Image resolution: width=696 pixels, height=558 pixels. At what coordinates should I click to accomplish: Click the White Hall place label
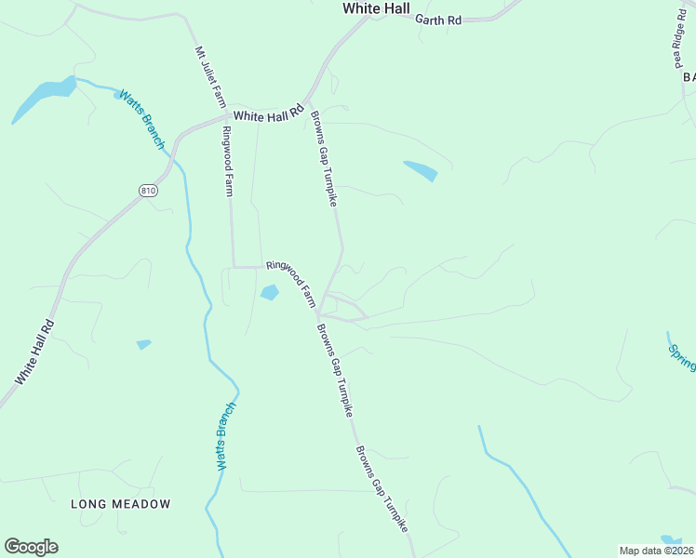tap(376, 7)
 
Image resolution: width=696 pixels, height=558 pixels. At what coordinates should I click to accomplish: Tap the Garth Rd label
tap(438, 19)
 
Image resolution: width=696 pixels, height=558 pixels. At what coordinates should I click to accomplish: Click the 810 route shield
tap(148, 191)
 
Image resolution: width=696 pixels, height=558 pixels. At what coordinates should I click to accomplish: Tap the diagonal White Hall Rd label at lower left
tap(35, 353)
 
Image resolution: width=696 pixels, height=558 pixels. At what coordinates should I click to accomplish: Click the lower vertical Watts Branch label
tap(224, 435)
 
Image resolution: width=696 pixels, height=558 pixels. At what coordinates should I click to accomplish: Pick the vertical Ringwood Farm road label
tap(226, 163)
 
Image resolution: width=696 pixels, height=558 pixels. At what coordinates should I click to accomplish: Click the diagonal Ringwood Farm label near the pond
tap(292, 284)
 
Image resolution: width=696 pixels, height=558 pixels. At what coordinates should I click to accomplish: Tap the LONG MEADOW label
tap(121, 504)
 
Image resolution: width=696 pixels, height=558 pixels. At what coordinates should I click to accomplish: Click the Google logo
tap(31, 547)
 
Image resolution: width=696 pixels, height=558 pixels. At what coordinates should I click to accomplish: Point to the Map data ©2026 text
tap(656, 551)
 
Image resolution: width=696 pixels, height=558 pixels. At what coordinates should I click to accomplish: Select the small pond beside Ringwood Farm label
tap(269, 293)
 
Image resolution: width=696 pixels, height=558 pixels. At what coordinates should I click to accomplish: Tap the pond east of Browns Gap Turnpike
tap(421, 170)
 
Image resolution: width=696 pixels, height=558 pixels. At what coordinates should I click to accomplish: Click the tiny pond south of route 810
tap(143, 344)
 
